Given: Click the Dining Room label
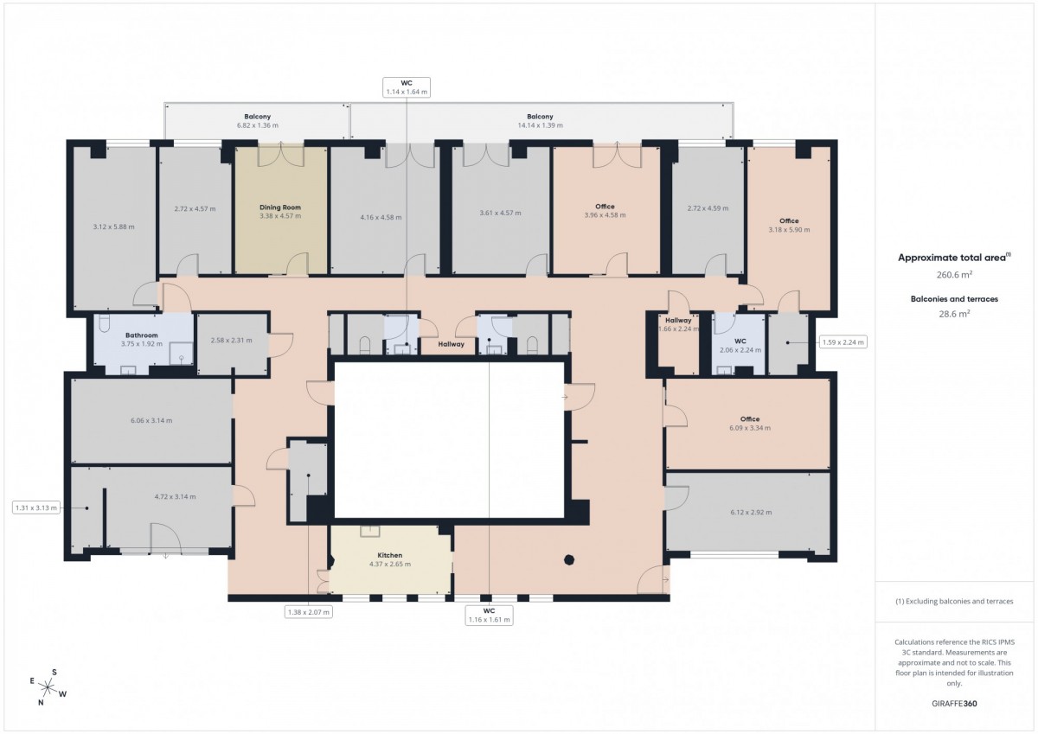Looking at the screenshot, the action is pos(280,207).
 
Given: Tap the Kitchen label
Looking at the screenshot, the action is pos(390,555).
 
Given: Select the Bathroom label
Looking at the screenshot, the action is pos(141,335).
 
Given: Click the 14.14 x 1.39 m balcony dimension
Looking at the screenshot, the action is pos(540,125).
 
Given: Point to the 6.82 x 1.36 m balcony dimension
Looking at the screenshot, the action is pos(257,125).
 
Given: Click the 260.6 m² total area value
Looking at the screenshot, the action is pos(954,275).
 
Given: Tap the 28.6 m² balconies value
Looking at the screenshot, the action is pos(954,314).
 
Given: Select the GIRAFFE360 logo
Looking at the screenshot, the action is pos(954,704).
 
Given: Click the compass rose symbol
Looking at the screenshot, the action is pos(48,687).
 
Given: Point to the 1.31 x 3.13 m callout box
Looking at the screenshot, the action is pos(36,508).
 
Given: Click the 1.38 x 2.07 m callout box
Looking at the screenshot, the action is pos(309,612).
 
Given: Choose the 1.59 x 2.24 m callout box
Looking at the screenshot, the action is pos(843,342).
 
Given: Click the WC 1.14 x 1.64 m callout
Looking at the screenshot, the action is pos(407,87).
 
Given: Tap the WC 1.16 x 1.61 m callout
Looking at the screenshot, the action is pos(489,616).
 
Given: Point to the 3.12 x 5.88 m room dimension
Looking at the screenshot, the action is pos(113,227).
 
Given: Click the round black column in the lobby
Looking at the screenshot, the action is pos(569,560).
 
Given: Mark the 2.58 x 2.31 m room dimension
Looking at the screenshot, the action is pos(231,341).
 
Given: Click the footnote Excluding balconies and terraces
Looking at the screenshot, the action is pos(954,602).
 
